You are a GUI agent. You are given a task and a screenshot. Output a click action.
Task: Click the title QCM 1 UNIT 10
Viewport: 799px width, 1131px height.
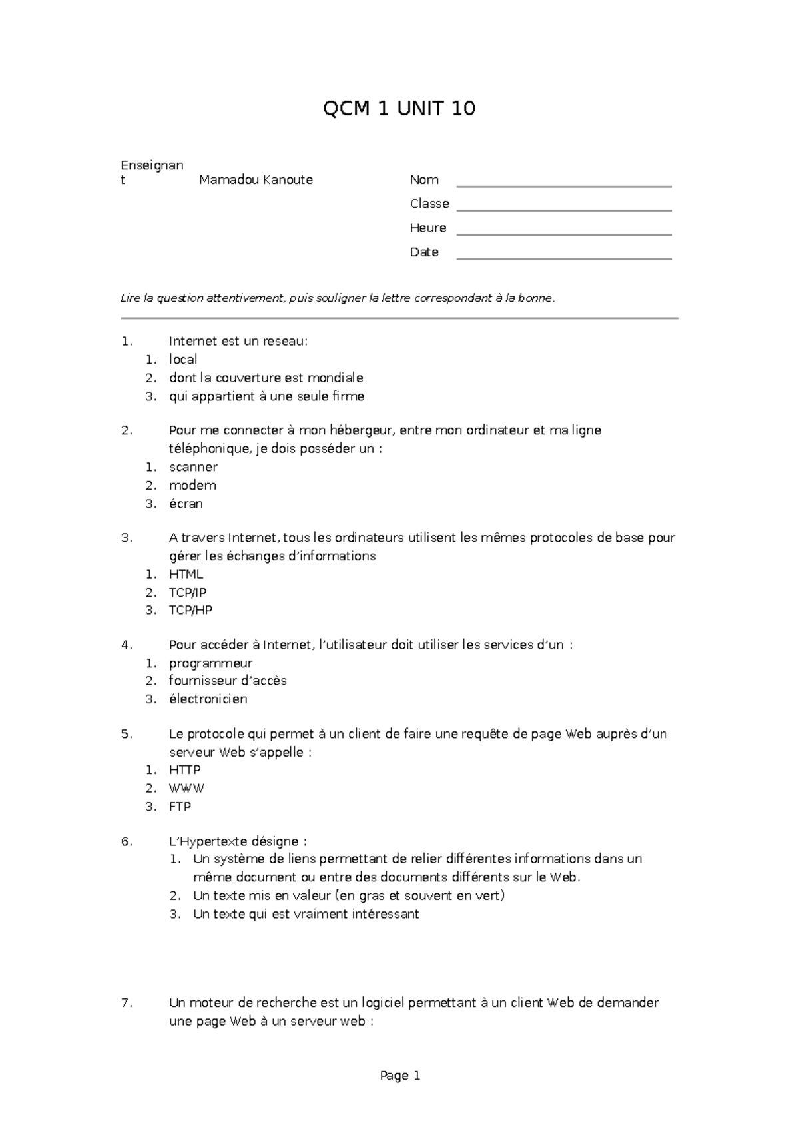click(399, 109)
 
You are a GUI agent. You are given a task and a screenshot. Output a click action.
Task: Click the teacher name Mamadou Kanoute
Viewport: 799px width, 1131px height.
click(256, 180)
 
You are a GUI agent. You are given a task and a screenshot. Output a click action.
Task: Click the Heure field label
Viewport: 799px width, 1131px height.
click(428, 228)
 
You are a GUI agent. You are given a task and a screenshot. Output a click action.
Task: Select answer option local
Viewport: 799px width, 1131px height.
click(183, 360)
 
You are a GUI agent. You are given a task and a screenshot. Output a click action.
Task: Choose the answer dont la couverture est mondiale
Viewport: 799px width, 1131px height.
click(266, 378)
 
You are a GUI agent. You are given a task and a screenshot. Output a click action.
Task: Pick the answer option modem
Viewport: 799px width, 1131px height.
click(192, 486)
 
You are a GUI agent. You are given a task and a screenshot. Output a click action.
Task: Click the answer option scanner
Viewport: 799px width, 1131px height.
click(193, 467)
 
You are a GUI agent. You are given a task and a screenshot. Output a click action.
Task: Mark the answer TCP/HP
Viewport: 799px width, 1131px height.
click(190, 610)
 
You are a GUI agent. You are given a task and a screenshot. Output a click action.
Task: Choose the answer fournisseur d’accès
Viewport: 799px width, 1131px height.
click(228, 681)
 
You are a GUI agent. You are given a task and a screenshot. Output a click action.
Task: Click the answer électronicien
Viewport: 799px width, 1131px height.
click(208, 699)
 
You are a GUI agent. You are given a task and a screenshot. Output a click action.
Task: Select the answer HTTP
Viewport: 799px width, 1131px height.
click(184, 770)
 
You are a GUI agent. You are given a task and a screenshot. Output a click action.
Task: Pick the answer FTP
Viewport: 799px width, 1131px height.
click(180, 807)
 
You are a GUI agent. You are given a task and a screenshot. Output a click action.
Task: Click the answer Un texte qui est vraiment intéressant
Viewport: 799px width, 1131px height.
click(306, 915)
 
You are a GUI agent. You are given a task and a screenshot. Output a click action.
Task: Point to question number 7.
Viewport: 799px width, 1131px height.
click(127, 1003)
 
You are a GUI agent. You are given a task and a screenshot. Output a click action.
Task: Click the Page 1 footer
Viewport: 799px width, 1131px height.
click(400, 1076)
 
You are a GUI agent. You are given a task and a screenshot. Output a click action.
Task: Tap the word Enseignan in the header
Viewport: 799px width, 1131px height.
click(152, 165)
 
